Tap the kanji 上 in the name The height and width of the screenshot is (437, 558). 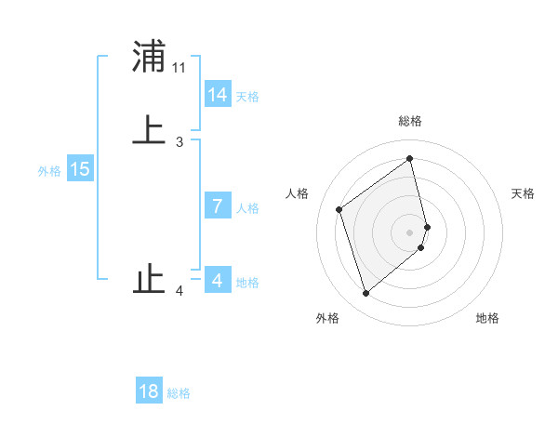coord(149,130)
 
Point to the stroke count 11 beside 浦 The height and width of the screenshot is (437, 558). coord(179,68)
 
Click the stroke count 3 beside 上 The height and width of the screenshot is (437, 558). coord(179,142)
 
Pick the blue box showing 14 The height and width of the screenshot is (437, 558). coord(218,95)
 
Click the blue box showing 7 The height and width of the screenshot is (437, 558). coord(218,206)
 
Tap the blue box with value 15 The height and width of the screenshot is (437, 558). coord(80,169)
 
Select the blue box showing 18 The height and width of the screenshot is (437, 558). coord(149,391)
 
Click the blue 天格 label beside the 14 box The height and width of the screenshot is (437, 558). coord(247,97)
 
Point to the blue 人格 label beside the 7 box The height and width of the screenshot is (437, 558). coord(247,208)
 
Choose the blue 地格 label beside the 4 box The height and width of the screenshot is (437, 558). coord(247,283)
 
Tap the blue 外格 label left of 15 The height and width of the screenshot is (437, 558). coord(49,171)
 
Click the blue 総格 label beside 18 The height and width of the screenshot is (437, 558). coord(179,393)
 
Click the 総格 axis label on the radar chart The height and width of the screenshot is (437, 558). coord(410,121)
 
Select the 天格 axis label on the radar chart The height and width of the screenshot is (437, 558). coord(524,193)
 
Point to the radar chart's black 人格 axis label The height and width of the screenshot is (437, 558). coord(297,193)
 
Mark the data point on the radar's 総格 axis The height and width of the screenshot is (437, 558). coord(410,159)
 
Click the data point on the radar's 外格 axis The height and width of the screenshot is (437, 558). coord(365,294)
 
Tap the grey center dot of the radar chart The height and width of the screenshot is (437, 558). coord(410,232)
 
